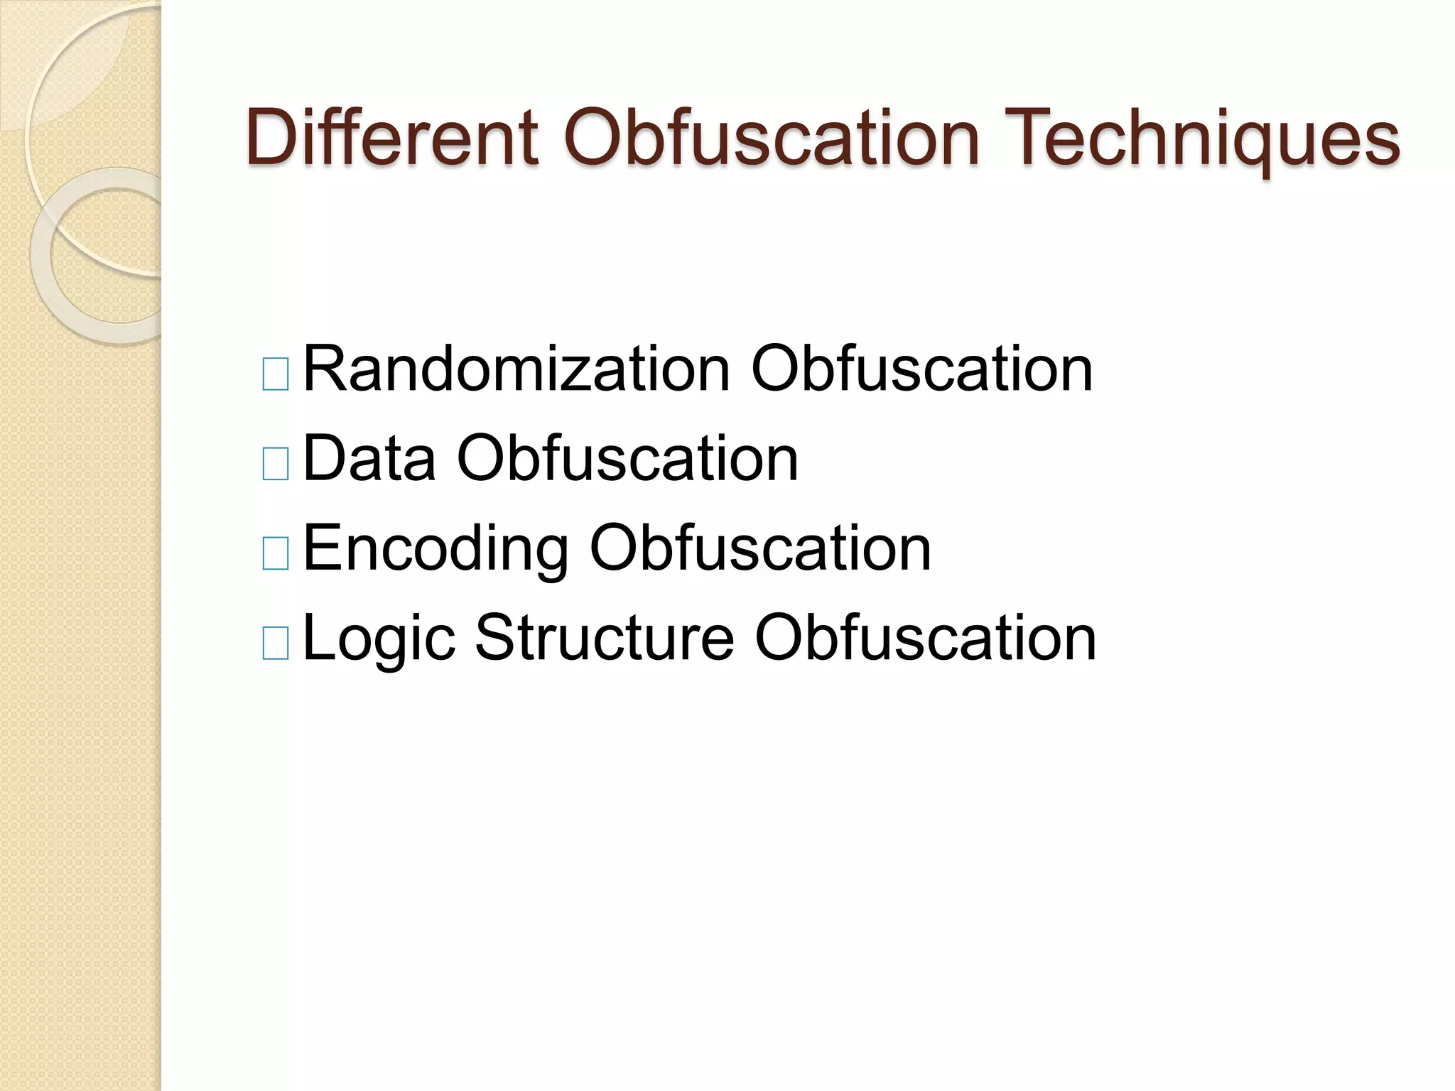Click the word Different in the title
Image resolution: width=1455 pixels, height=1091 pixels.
391,136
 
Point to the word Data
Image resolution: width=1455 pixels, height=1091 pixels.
369,459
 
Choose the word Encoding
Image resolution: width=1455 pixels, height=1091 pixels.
436,549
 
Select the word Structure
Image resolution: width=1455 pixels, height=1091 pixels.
605,637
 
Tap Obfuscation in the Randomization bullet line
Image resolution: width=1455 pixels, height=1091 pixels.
921,369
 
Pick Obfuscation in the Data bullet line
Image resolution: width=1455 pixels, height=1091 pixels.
627,459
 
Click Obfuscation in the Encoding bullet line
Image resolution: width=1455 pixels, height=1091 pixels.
759,548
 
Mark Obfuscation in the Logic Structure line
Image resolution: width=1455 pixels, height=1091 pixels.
925,637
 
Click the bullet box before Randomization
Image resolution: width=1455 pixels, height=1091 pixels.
276,374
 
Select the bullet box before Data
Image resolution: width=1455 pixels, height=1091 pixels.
276,464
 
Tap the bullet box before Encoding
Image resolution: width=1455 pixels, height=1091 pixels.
276,553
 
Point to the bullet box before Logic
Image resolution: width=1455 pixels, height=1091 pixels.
276,643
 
